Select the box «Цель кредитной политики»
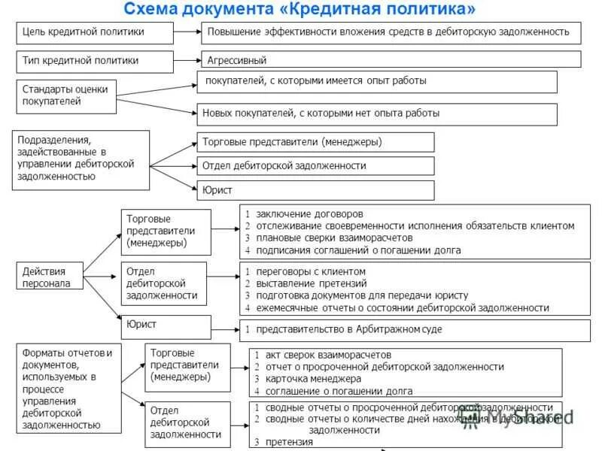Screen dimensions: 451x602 [94, 33]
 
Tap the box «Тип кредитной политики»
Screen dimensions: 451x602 [94, 60]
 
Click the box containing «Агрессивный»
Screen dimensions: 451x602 [391, 60]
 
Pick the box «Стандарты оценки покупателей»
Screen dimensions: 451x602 [67, 95]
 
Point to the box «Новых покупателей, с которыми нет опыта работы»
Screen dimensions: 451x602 [376, 114]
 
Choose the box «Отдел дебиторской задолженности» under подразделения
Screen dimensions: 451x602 [315, 165]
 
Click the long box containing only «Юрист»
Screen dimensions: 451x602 [315, 190]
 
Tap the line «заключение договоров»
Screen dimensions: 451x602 [309, 213]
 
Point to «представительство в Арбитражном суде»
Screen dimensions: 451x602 [348, 329]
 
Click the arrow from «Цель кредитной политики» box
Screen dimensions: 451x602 [187, 33]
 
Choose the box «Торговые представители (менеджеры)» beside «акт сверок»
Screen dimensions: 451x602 [187, 365]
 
